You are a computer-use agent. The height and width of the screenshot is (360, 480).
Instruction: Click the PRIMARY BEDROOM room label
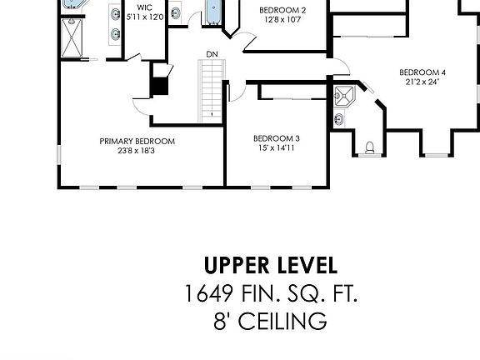coord(137,141)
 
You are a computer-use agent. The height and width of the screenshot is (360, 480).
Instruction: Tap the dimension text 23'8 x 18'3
coord(137,152)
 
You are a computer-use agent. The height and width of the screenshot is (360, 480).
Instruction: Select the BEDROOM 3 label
coord(276,138)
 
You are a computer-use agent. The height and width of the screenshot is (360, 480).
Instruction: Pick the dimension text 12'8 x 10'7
coord(282,20)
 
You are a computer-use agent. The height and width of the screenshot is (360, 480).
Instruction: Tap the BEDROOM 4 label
coord(417,72)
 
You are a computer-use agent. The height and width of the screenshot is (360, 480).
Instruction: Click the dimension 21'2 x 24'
coord(417,82)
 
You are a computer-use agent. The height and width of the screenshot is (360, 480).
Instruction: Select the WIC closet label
coord(144,7)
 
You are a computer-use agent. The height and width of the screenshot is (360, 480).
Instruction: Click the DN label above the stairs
coord(212,56)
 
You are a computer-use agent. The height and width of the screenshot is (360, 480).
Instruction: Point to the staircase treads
coord(211,92)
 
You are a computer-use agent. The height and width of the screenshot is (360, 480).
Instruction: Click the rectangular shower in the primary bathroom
coord(72,37)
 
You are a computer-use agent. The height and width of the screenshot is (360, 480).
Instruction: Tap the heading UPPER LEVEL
coord(271,266)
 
